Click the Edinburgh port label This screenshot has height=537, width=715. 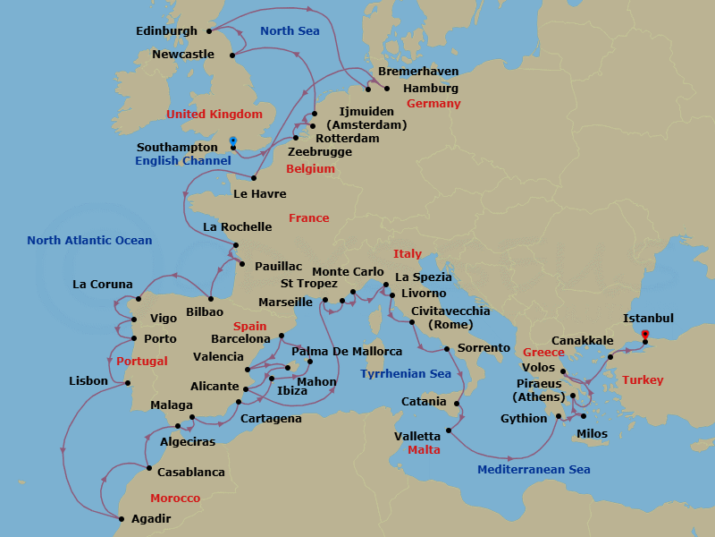[x=166, y=31]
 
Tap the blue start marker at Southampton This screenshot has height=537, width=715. [x=232, y=141]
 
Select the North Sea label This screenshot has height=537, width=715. [x=290, y=31]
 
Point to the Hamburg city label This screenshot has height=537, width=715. [x=431, y=89]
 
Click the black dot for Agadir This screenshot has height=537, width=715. [x=122, y=518]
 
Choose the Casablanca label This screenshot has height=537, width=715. [x=191, y=472]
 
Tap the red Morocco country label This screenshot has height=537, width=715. [x=175, y=498]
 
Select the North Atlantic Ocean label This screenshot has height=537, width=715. [x=89, y=241]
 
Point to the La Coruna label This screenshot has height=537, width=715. [x=103, y=285]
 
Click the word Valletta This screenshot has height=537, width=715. [x=416, y=436]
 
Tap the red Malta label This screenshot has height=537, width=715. [x=424, y=450]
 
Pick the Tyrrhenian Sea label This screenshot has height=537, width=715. [x=406, y=374]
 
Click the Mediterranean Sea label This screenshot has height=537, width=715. [x=534, y=470]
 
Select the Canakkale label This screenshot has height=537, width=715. [x=583, y=341]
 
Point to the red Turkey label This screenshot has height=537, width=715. [x=643, y=380]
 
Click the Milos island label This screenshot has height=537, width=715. [x=592, y=434]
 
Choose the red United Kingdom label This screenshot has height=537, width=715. [x=214, y=115]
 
